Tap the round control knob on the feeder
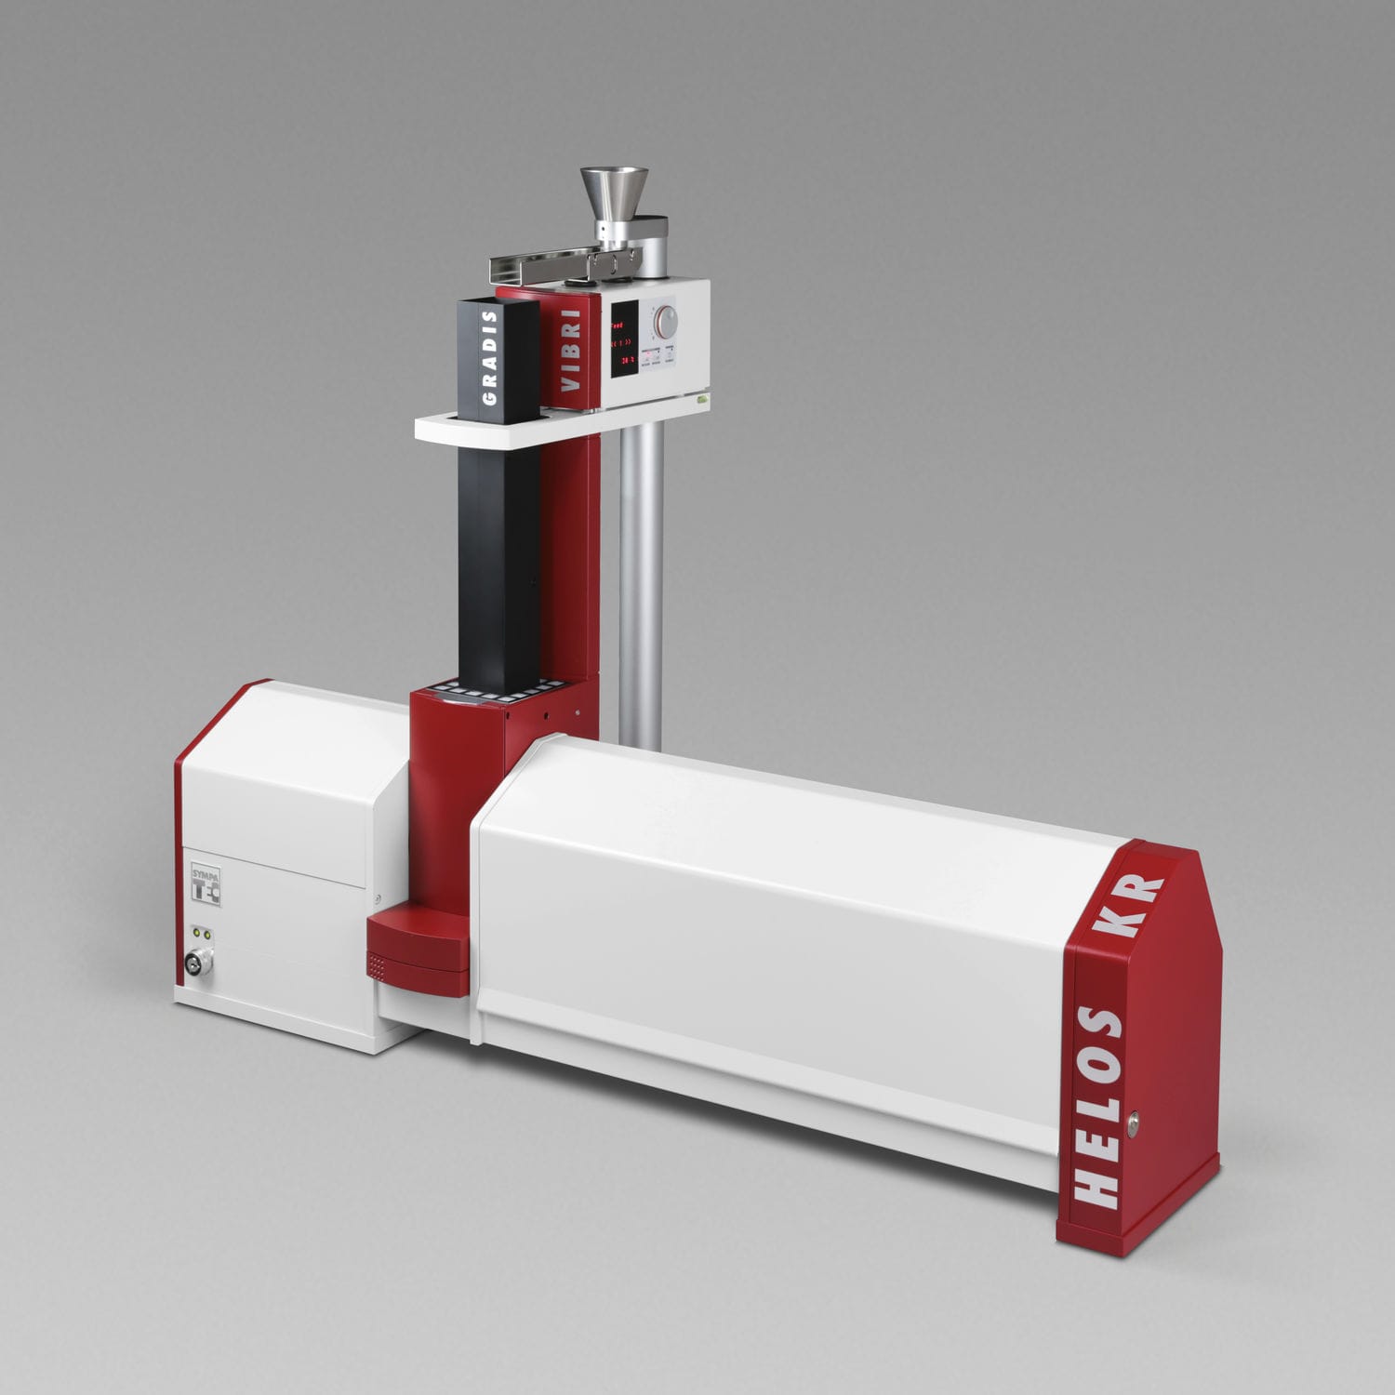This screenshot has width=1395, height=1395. coord(666,323)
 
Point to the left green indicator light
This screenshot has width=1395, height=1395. coord(195,933)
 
